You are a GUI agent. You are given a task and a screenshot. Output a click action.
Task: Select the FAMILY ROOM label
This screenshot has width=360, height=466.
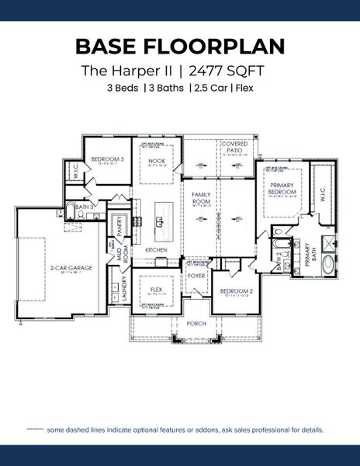tap(201, 198)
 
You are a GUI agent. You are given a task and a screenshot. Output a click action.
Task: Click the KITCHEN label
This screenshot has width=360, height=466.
tap(156, 249)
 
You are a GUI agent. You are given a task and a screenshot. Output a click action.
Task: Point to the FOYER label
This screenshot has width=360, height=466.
tap(196, 275)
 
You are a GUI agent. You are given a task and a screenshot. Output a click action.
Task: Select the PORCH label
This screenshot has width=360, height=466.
tap(196, 322)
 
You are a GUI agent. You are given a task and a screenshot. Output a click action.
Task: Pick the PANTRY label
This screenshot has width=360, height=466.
tap(119, 226)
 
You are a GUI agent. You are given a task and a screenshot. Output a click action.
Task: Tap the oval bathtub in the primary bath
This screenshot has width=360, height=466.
tap(330, 265)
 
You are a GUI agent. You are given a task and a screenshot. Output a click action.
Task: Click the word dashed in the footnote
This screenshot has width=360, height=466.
tap(77, 429)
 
